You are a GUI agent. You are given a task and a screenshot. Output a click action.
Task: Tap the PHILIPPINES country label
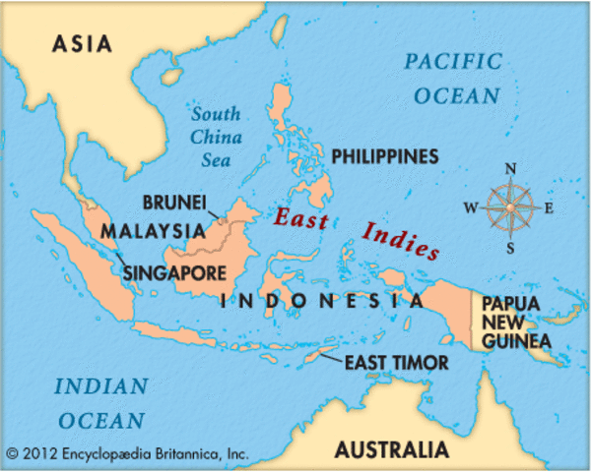[x=384, y=156]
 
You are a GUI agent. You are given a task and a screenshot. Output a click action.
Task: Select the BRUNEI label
[x=173, y=203]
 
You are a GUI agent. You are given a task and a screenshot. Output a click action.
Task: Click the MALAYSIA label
[x=149, y=232]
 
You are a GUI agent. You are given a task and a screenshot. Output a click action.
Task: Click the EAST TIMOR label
[x=396, y=363]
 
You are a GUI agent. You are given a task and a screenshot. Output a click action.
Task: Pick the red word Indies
[x=400, y=242]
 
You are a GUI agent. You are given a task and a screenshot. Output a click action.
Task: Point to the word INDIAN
[x=100, y=386]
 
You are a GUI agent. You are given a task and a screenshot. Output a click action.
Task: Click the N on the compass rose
[x=510, y=168]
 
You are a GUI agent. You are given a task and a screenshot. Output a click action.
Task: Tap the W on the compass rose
[x=471, y=207]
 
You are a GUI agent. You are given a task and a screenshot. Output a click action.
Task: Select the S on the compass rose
[x=510, y=248]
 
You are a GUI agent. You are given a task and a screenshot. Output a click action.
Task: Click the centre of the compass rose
[x=510, y=207]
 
